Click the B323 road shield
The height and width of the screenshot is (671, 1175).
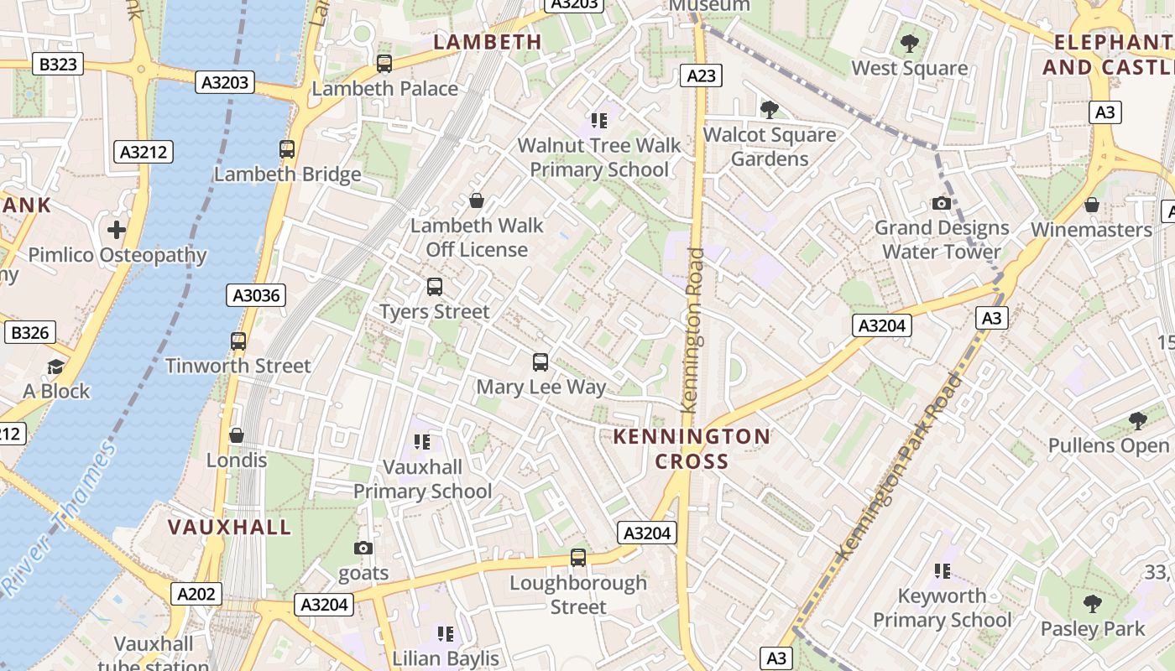58,64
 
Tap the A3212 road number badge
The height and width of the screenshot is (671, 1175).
144,152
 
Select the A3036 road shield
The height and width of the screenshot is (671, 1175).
256,295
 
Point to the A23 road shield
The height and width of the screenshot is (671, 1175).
701,75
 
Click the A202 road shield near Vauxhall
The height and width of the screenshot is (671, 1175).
197,594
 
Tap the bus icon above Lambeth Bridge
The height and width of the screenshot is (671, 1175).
287,149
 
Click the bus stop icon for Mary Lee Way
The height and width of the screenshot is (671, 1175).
540,362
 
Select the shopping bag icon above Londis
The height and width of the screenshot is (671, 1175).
237,435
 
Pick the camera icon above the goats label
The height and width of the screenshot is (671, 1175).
363,549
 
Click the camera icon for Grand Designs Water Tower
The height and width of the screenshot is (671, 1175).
942,203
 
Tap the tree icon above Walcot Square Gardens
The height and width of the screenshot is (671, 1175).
769,110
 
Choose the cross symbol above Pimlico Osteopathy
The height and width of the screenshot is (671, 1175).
117,230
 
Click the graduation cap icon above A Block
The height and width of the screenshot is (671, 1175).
55,367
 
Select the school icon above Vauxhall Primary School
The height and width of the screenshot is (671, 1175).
422,441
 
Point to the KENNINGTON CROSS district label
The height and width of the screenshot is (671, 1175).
692,449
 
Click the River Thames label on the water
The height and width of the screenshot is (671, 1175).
59,520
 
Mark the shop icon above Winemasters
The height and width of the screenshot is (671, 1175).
1092,205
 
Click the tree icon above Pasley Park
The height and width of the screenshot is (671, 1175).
1092,603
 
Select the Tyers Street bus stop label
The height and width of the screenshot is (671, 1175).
434,311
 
